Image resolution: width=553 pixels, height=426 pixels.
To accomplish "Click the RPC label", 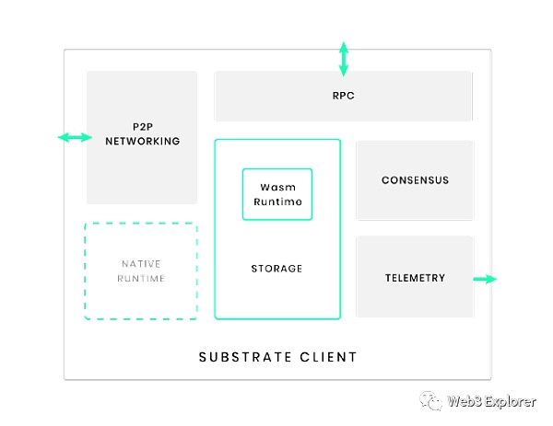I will (x=344, y=96).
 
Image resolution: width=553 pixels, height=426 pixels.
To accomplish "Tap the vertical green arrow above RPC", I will (x=344, y=58).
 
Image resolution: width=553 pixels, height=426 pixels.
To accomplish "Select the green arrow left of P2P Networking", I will (x=75, y=137).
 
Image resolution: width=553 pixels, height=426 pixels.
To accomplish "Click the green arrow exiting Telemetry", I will (x=485, y=279).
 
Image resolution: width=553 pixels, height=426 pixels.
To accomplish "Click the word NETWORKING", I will (x=142, y=142).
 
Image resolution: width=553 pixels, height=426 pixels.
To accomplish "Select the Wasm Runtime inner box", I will (x=277, y=194).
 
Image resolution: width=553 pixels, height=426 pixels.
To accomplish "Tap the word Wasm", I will (x=277, y=187).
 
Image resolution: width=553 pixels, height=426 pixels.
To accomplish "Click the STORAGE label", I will (x=276, y=269).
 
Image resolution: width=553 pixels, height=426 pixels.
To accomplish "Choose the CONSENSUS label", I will (x=415, y=180).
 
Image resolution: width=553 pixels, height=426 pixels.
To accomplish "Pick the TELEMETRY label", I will (x=415, y=278).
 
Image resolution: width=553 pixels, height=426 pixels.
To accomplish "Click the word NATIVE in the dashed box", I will (x=141, y=264).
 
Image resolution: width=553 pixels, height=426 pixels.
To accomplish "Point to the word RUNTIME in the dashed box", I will (x=141, y=278).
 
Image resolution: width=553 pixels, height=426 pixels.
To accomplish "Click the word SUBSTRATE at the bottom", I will (x=241, y=356).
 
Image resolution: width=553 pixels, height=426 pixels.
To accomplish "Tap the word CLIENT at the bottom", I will (x=329, y=356).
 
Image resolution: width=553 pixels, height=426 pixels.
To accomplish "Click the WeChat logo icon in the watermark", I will (x=431, y=400).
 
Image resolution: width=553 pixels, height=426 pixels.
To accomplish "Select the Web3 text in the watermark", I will (x=464, y=401).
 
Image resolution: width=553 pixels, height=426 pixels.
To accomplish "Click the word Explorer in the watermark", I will (x=510, y=401).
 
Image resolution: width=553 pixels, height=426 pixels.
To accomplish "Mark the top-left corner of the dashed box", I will (x=86, y=224).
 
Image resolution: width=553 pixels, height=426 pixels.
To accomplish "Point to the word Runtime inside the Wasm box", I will (x=277, y=201).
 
